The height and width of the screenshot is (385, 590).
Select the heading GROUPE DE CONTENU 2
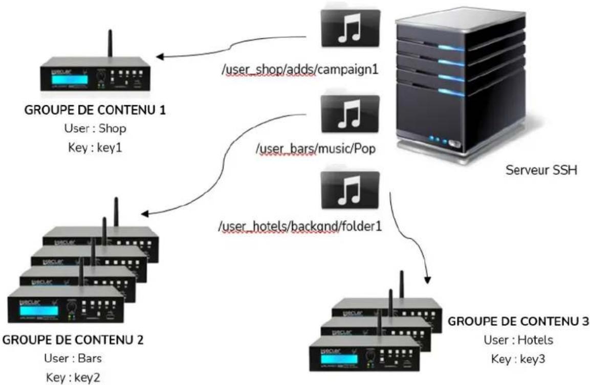[74, 339]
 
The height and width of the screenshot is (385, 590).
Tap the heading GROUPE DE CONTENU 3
[518, 322]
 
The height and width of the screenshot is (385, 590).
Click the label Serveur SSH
[541, 169]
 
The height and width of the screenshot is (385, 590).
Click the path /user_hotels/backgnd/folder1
[300, 225]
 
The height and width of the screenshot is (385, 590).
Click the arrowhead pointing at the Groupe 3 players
[427, 280]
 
